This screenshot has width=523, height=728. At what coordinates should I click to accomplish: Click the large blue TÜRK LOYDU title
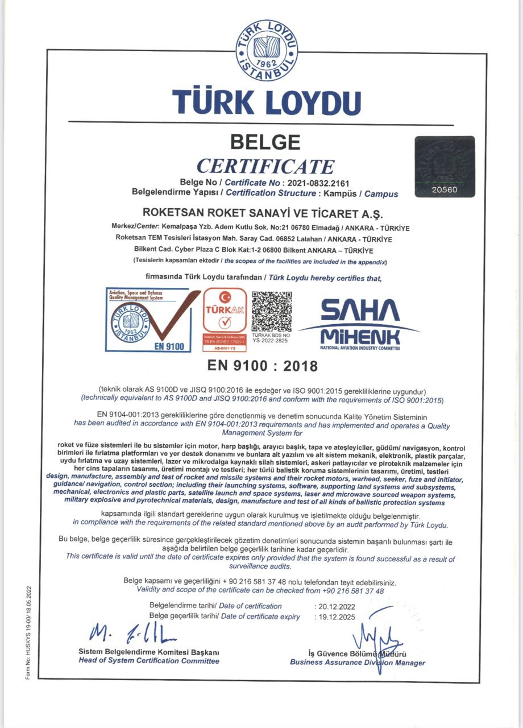[x=267, y=102]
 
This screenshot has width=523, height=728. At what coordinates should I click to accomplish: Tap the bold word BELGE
[x=265, y=142]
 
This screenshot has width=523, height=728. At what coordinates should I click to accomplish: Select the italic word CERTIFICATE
[x=265, y=166]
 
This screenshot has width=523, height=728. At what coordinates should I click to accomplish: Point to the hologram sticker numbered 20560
[x=444, y=167]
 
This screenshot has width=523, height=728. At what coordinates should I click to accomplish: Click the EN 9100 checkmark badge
[x=148, y=320]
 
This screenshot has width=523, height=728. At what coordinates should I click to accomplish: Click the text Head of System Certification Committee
[x=148, y=661]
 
